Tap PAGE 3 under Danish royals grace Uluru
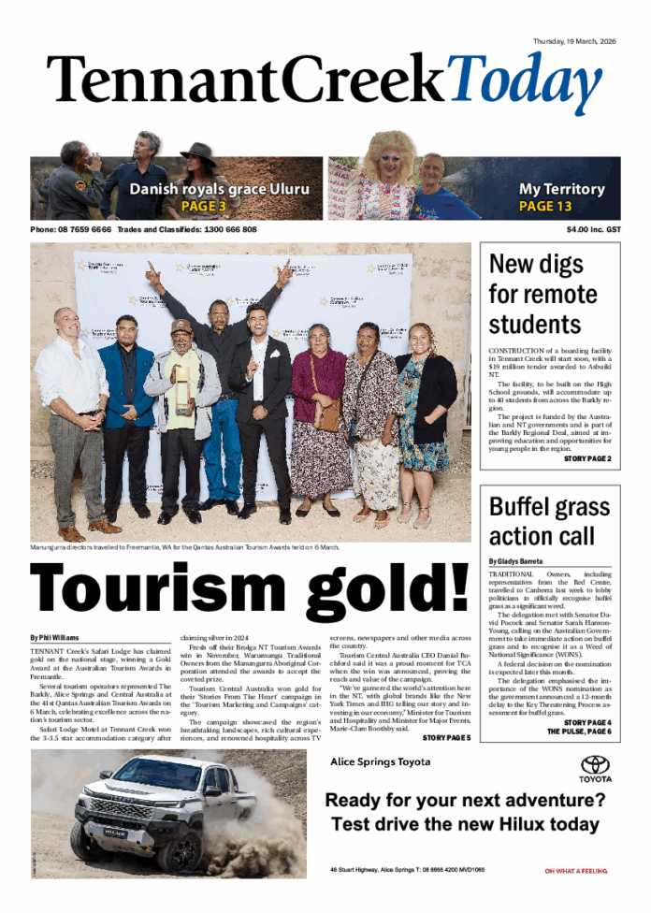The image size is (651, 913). pos(203,206)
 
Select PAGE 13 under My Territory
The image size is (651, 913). pos(544,206)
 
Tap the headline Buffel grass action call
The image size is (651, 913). pos(542,521)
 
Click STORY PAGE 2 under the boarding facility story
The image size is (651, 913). pos(586,459)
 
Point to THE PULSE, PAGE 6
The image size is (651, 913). pos(579,732)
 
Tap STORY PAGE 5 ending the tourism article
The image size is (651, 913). pos(447,738)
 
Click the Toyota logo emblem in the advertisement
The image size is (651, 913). pos(595,763)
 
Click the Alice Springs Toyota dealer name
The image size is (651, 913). pos(381,761)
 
